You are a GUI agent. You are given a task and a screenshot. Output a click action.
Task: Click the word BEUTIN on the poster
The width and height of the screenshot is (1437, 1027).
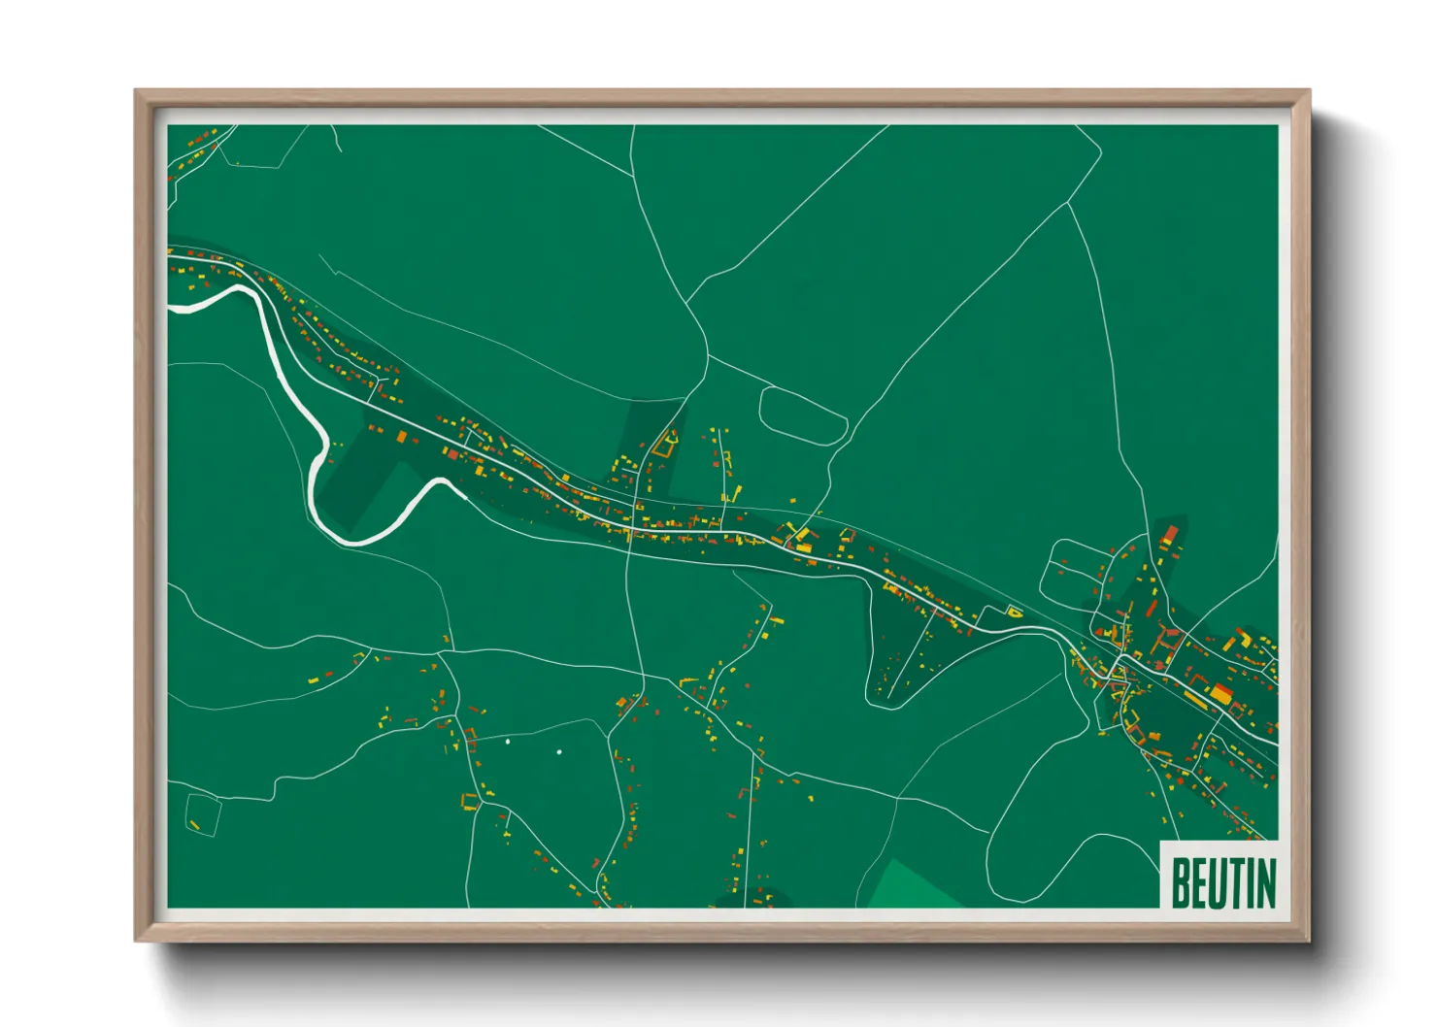point(1222,882)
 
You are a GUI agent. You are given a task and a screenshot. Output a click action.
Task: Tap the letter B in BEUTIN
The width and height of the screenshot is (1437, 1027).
point(1181,882)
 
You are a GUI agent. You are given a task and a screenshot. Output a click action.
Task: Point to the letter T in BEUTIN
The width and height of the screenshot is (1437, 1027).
point(1235,882)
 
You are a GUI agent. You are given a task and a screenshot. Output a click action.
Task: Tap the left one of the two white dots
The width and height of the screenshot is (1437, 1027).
point(508,742)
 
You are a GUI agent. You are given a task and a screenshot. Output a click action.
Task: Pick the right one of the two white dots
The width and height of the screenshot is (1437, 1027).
point(559,752)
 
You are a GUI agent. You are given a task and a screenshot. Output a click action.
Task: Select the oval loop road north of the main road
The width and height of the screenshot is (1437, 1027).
point(803,415)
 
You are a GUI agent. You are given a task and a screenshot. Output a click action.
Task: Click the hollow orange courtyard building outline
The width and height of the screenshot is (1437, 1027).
point(665,446)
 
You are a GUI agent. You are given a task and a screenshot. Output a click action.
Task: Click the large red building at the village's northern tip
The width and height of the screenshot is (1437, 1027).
point(1170,536)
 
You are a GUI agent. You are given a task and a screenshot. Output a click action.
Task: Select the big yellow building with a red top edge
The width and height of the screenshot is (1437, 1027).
point(1220,693)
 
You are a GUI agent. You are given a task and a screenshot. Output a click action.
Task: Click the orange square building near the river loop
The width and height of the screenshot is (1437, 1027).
point(401,438)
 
